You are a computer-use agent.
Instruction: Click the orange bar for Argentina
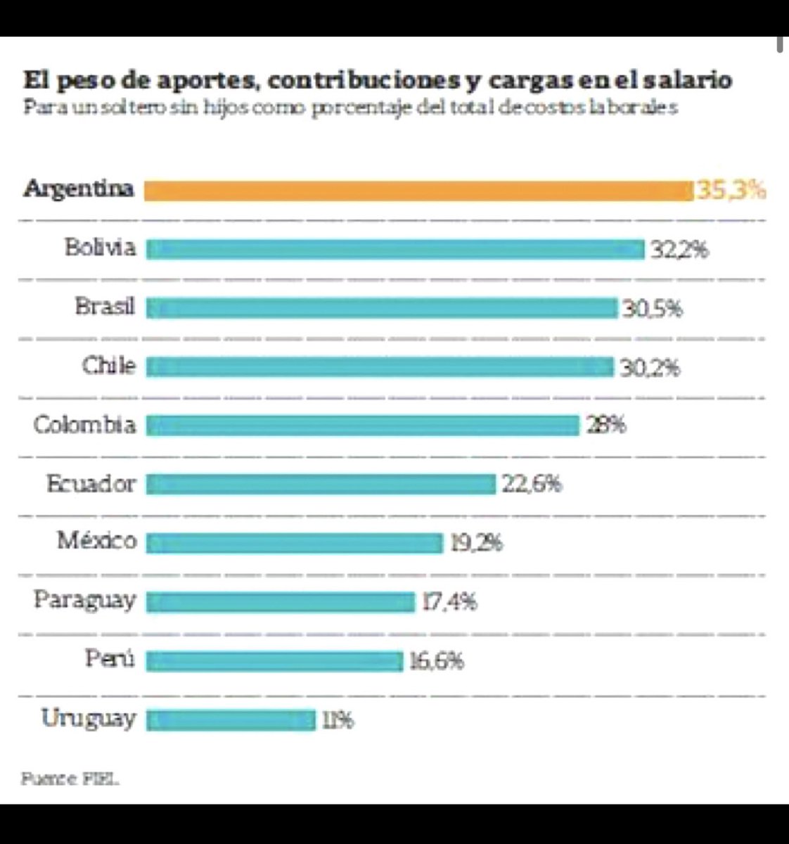click(x=418, y=191)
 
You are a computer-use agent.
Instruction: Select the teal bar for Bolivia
click(x=395, y=250)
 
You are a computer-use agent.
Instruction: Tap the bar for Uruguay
click(x=231, y=720)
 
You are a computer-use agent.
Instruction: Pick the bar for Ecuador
click(x=321, y=485)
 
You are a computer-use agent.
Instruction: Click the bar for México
click(x=295, y=543)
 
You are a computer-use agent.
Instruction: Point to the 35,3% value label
click(x=731, y=191)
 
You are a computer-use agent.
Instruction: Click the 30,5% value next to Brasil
click(x=652, y=309)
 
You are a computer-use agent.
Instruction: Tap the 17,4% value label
click(x=450, y=602)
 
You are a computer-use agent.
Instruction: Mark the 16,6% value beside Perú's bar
click(x=437, y=661)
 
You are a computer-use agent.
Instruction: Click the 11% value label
click(x=338, y=721)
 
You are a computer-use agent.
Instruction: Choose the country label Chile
click(x=108, y=366)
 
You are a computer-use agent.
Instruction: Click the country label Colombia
click(x=84, y=425)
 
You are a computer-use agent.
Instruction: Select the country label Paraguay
click(x=84, y=601)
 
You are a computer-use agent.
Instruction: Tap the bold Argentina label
click(x=79, y=189)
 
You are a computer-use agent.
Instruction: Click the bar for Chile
click(x=380, y=367)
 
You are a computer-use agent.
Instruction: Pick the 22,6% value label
click(x=532, y=484)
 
